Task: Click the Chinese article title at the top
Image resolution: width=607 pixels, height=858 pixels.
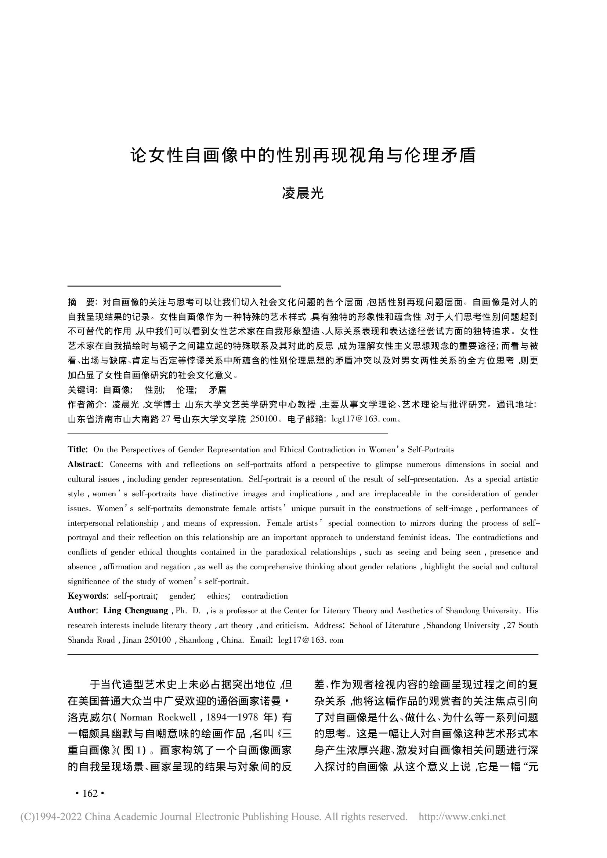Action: [x=303, y=156]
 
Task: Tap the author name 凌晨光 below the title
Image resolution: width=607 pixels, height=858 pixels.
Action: [x=303, y=193]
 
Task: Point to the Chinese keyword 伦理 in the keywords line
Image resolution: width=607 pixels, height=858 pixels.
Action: [x=185, y=390]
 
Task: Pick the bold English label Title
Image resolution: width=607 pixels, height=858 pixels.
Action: [x=77, y=449]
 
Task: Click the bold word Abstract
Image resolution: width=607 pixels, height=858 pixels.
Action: [x=84, y=464]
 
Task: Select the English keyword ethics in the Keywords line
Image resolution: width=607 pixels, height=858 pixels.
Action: [x=218, y=596]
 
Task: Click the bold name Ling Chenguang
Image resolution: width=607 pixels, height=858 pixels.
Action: [x=136, y=611]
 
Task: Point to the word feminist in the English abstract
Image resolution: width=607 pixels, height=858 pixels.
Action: [x=413, y=537]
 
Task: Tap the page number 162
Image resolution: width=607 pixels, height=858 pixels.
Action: [x=90, y=793]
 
